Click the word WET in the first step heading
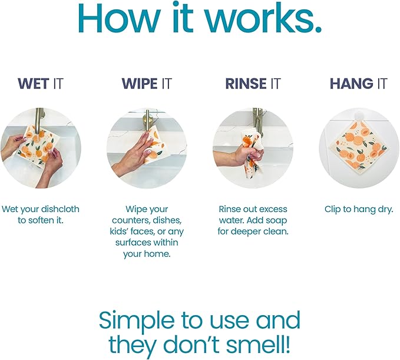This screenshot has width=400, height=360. tap(34, 84)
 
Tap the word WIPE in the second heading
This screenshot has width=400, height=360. tap(140, 84)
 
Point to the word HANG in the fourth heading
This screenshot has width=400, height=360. tap(351, 84)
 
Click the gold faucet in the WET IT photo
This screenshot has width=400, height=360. tap(39, 120)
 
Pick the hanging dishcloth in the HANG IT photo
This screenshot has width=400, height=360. tap(360, 147)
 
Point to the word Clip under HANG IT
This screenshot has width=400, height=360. tap(332, 210)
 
